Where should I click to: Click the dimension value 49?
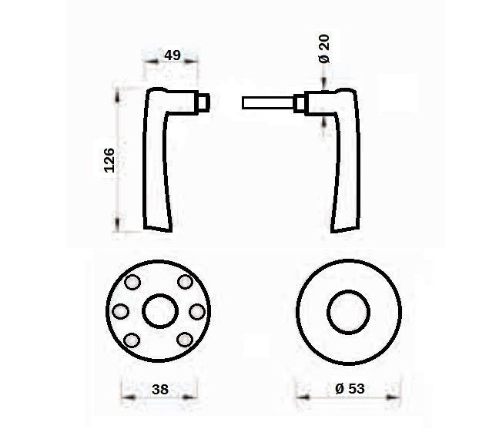tap(173, 55)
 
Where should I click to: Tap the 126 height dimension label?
tap(109, 160)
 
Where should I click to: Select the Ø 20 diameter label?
tap(324, 49)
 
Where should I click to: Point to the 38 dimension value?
tap(160, 390)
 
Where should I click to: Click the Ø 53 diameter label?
tap(350, 389)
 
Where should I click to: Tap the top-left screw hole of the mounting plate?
tap(132, 282)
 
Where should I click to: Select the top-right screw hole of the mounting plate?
tap(185, 282)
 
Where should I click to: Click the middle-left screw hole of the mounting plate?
tap(120, 311)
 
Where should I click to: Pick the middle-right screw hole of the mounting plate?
tap(197, 312)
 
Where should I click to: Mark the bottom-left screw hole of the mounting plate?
tap(132, 340)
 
